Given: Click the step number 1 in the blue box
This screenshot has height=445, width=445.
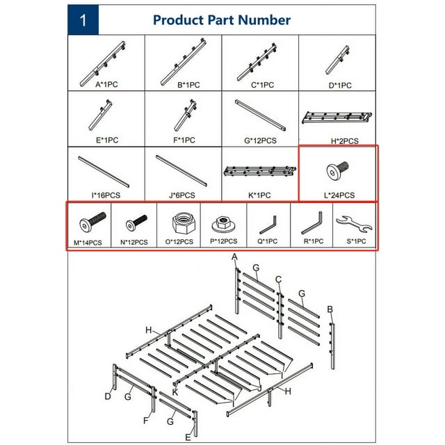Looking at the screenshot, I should [83, 20].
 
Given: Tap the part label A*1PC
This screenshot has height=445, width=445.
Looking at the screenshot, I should [107, 85].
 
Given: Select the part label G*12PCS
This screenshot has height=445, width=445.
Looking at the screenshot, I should [261, 140].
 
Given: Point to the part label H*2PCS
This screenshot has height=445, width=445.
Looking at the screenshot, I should [339, 140].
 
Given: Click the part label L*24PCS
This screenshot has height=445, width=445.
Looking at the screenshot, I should [338, 195].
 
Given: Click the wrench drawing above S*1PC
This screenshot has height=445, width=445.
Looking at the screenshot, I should [354, 223].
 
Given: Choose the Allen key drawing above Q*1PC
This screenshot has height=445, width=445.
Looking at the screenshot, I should [268, 224].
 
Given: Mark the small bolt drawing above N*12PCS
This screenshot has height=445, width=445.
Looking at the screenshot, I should [135, 223].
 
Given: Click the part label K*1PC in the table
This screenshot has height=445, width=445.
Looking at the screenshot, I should [259, 195].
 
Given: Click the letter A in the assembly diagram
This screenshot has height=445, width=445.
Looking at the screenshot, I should [235, 258].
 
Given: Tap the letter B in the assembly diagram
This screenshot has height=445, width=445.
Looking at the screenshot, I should [330, 309].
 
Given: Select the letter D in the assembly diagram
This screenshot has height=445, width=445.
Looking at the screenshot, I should [108, 397].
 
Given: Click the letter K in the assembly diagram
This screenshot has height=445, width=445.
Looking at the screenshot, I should [176, 392].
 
